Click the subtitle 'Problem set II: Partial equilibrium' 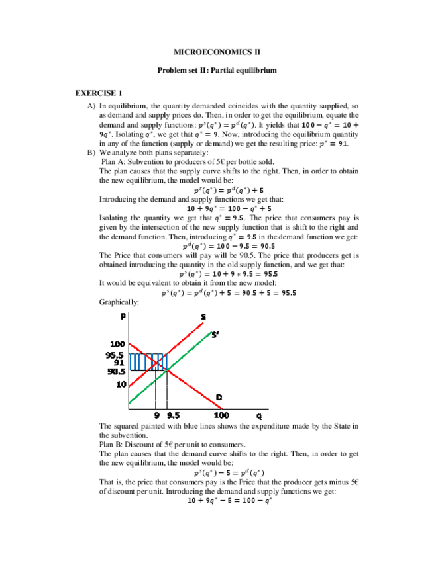click(216, 69)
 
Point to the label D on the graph click(218, 396)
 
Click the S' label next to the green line click(215, 334)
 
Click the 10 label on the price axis click(121, 384)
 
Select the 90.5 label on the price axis click(117, 371)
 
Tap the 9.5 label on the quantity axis click(174, 415)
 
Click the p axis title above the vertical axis click(124, 316)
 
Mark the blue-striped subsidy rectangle click(147, 362)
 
